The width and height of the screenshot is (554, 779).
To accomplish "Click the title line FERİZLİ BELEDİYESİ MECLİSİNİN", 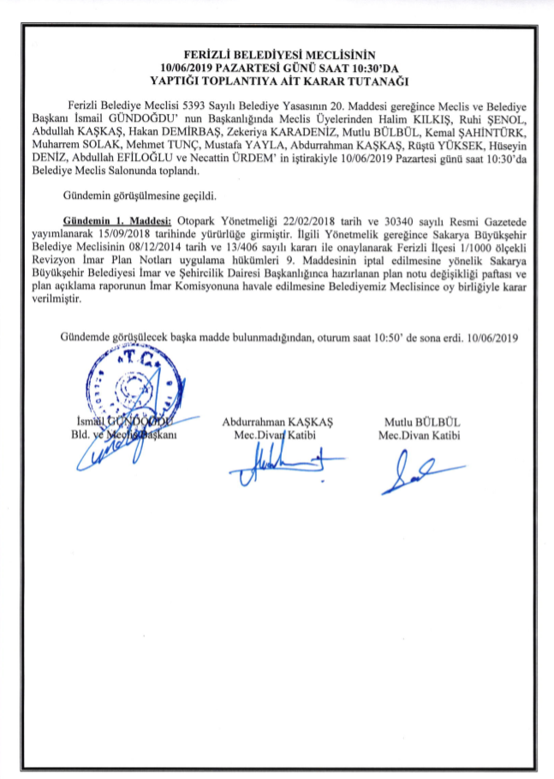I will [x=278, y=54].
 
